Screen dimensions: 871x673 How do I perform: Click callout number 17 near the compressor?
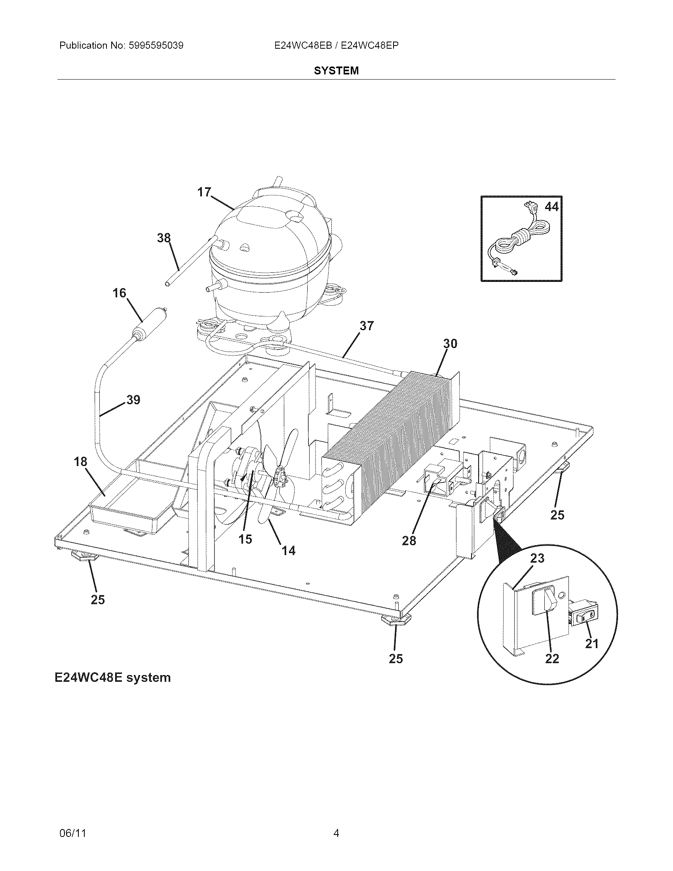coord(204,192)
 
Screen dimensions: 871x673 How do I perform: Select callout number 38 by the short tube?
coord(164,238)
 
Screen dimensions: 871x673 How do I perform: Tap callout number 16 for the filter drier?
coord(119,293)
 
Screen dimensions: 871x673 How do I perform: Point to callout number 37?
coord(367,326)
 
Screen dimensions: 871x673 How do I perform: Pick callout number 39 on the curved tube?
coord(133,399)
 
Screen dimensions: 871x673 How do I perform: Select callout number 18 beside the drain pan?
coord(80,462)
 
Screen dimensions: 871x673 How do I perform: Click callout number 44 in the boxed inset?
coord(551,207)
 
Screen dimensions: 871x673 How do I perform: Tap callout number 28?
coord(409,541)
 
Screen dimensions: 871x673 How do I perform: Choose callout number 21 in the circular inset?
coord(592,644)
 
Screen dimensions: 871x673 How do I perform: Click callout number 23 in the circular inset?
coord(537,558)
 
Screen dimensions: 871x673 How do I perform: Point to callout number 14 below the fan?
coord(289,551)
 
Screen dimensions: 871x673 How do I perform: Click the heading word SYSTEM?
coord(336,70)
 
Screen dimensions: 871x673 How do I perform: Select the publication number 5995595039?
coord(156,46)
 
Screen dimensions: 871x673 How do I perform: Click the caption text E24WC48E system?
coord(113,677)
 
